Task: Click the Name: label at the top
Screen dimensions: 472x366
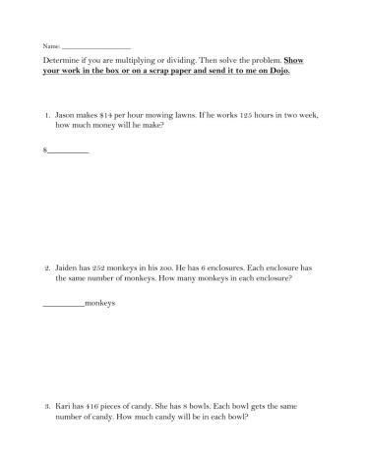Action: tap(50, 46)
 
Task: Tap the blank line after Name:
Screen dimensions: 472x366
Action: tap(95, 47)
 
